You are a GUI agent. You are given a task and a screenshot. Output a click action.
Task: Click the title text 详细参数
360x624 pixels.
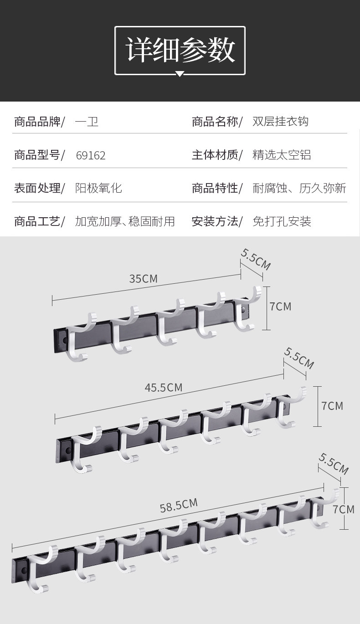coord(180,50)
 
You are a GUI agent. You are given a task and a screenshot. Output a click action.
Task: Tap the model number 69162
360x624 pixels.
coord(91,156)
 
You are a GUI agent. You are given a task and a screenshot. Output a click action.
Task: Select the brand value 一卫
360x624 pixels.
coord(87,122)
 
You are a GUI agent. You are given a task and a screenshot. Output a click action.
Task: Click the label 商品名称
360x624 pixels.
coord(215,122)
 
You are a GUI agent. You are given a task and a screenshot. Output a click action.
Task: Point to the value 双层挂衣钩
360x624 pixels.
coord(280,122)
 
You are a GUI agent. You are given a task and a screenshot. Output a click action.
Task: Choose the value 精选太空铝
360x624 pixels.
coord(282,155)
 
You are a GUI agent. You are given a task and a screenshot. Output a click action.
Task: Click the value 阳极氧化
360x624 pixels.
coord(98,188)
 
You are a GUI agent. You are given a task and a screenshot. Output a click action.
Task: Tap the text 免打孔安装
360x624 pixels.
coord(282,222)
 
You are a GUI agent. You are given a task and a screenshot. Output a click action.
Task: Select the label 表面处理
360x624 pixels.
coord(37,188)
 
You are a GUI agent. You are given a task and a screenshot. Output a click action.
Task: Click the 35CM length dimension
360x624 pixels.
coord(143,278)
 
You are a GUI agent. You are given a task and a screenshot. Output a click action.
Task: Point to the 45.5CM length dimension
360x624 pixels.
coord(163,388)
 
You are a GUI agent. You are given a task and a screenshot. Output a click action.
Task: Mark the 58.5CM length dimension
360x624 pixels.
coord(179,505)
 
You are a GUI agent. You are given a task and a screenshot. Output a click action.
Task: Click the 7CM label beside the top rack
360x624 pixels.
coord(280,307)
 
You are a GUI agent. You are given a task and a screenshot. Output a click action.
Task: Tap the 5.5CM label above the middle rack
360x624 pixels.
coord(299,358)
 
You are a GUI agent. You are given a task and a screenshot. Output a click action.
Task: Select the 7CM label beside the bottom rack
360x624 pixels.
coord(343,509)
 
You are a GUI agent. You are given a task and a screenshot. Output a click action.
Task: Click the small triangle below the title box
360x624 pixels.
coord(180,74)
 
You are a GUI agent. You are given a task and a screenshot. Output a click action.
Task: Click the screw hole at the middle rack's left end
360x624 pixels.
coord(68,450)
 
